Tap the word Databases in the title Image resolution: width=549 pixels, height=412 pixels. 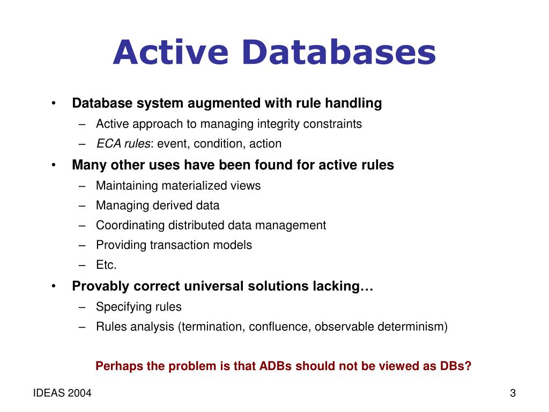(338, 53)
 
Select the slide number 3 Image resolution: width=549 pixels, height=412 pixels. (513, 394)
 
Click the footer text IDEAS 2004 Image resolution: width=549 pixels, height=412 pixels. (62, 394)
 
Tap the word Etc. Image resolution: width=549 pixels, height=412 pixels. (106, 265)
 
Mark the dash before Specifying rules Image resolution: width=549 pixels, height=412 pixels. (81, 307)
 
